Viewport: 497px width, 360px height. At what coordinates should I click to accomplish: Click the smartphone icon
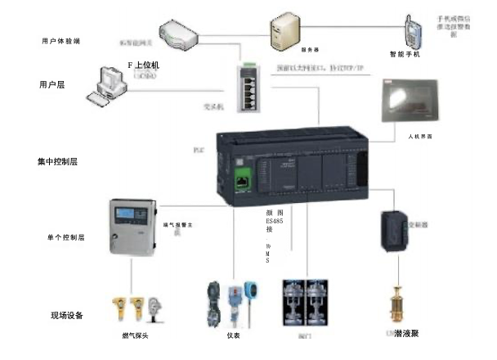(x=413, y=31)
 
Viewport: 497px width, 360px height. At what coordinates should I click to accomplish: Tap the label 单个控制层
(x=66, y=238)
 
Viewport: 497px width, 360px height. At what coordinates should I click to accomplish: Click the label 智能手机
(x=405, y=55)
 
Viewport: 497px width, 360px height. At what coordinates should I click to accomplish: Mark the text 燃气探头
(x=135, y=335)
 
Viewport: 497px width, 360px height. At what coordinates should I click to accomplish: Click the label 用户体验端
(x=60, y=40)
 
